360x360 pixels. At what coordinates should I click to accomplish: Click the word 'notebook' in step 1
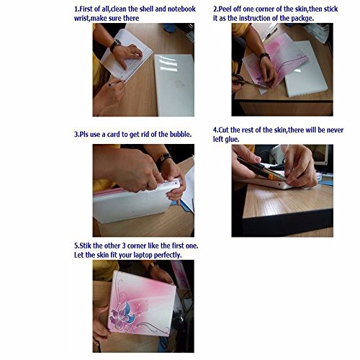(181, 9)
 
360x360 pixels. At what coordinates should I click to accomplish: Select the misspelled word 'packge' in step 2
(302, 19)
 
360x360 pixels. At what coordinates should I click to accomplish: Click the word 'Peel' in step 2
(225, 9)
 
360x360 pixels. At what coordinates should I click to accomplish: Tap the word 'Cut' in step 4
(223, 130)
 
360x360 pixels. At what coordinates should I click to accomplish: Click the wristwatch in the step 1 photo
(115, 45)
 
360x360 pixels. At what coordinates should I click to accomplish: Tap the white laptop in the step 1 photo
(174, 84)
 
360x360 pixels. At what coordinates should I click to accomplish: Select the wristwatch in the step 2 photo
(264, 57)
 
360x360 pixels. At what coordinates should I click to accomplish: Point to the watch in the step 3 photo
(163, 160)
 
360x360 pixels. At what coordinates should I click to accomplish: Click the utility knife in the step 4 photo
(261, 168)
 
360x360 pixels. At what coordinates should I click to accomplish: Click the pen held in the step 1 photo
(116, 83)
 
